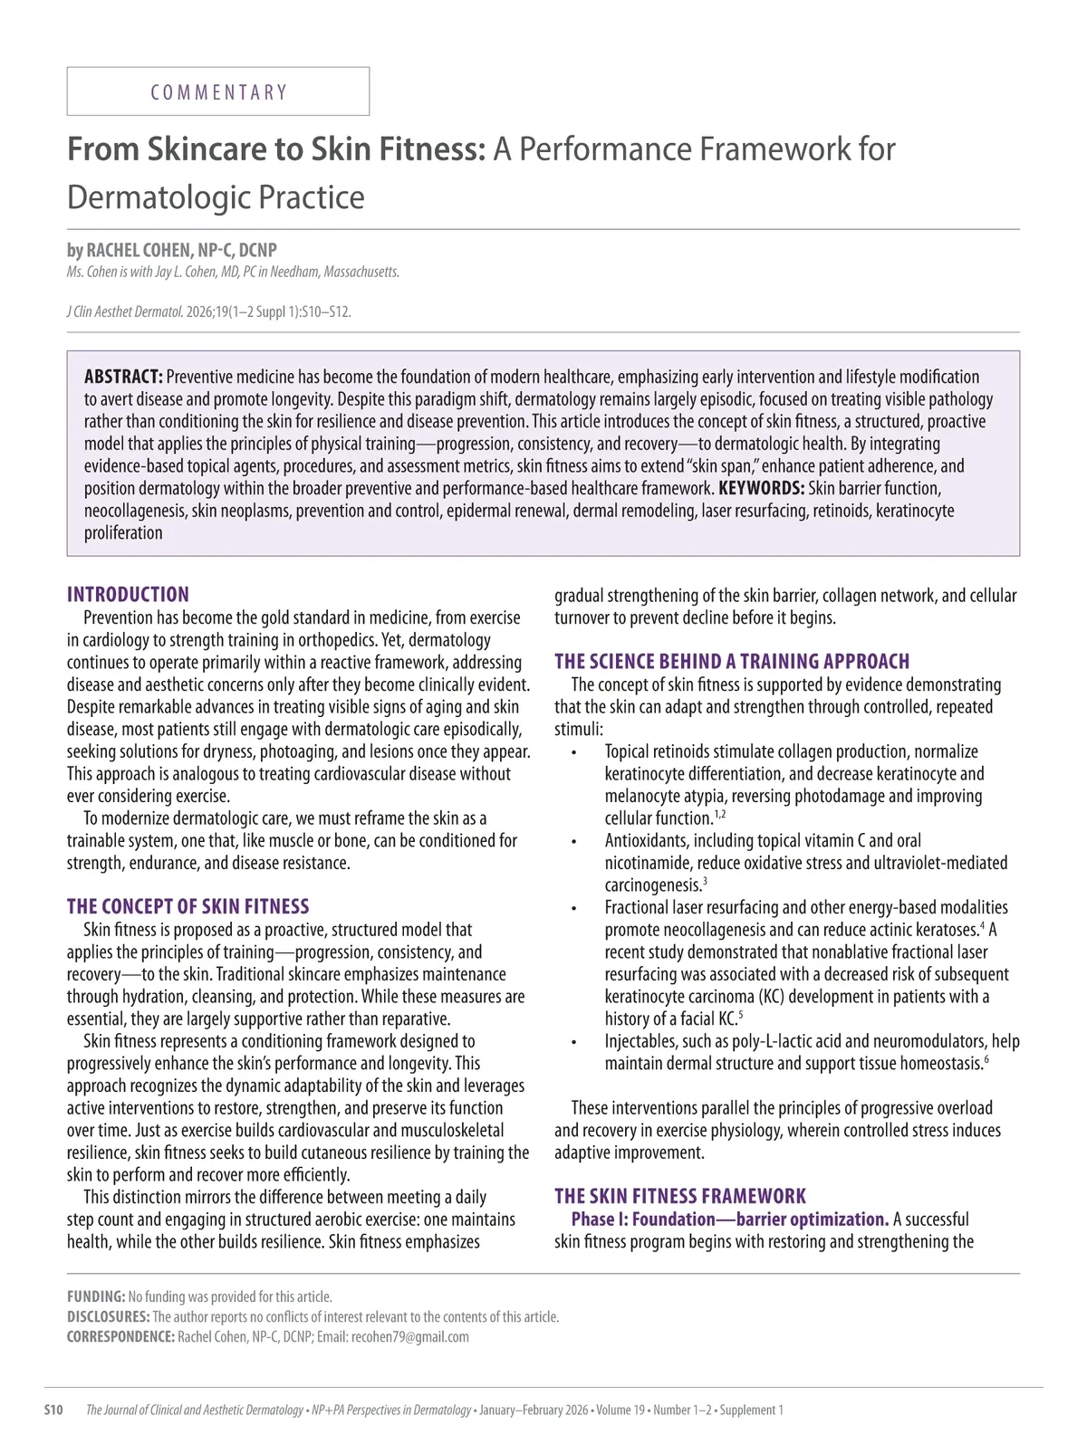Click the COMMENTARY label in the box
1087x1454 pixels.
pyautogui.click(x=218, y=92)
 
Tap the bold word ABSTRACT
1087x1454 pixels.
pyautogui.click(x=123, y=377)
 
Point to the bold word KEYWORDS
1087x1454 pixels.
pyautogui.click(x=761, y=489)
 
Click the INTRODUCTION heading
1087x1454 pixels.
pyautogui.click(x=128, y=595)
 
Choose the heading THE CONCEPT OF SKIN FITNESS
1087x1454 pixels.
pyautogui.click(x=188, y=906)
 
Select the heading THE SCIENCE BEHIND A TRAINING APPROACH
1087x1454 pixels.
pyautogui.click(x=732, y=662)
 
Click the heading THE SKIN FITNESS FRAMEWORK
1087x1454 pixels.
pyautogui.click(x=680, y=1196)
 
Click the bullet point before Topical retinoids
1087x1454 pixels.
pyautogui.click(x=573, y=753)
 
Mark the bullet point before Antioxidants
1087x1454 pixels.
pyautogui.click(x=573, y=842)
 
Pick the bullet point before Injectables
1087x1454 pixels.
pyautogui.click(x=573, y=1042)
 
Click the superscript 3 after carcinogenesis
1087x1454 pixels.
pyautogui.click(x=705, y=881)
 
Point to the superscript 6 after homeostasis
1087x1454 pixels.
pyautogui.click(x=986, y=1059)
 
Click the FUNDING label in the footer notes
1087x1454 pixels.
pyautogui.click(x=96, y=1296)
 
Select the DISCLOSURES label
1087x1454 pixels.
pyautogui.click(x=108, y=1316)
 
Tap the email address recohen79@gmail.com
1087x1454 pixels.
pyautogui.click(x=410, y=1337)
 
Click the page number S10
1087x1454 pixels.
pyautogui.click(x=53, y=1410)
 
